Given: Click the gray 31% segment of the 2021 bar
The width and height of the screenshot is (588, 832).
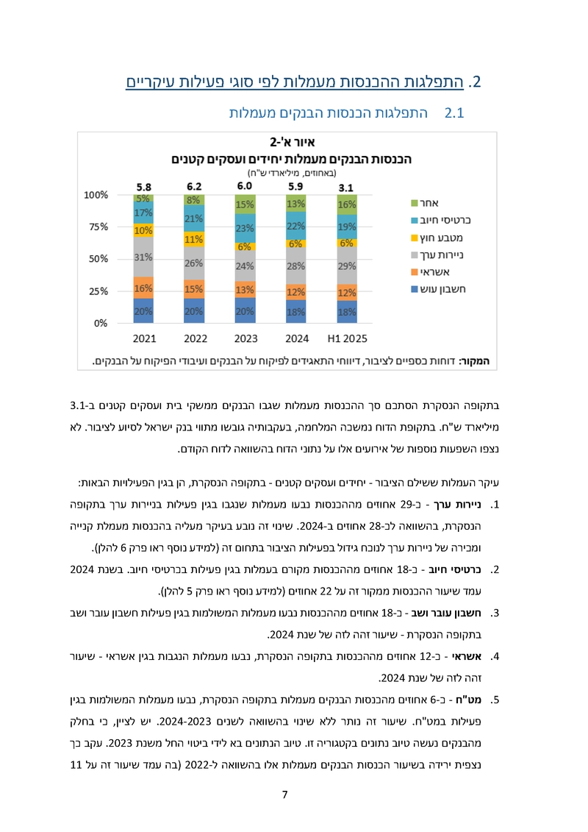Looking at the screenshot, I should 143,257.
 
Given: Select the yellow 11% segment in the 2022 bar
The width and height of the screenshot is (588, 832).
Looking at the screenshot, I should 194,239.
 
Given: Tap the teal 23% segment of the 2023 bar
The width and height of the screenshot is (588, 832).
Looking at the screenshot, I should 245,228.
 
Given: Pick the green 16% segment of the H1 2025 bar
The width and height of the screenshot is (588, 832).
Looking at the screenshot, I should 347,205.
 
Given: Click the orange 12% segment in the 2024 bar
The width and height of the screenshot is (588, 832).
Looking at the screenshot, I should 296,292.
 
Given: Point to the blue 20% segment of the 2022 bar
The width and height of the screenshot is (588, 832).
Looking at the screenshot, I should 194,310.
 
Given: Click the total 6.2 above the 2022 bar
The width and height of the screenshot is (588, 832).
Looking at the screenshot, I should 194,187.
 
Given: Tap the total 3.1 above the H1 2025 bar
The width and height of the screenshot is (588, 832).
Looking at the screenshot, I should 347,187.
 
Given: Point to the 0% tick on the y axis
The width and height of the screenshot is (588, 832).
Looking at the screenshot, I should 101,323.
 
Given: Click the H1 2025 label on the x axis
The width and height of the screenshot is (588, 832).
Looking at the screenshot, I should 347,340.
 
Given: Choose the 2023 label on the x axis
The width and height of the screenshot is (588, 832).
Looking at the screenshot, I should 245,340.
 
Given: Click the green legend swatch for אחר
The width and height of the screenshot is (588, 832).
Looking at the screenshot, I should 415,202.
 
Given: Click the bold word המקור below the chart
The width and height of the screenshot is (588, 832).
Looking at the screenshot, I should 478,361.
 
